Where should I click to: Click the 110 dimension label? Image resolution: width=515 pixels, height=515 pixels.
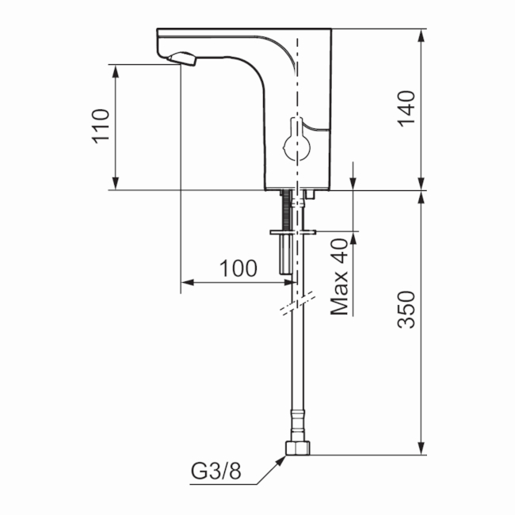click(x=101, y=125)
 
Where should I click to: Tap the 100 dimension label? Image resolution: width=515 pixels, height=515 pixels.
click(x=238, y=269)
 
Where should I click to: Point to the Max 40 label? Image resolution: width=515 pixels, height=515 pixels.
click(x=340, y=277)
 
